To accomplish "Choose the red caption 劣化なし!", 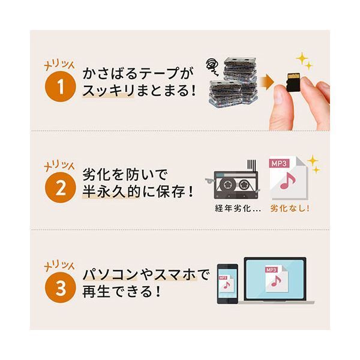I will pos(290,209).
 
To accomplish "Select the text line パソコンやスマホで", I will pos(146,277).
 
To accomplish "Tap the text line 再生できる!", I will pos(122,295).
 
